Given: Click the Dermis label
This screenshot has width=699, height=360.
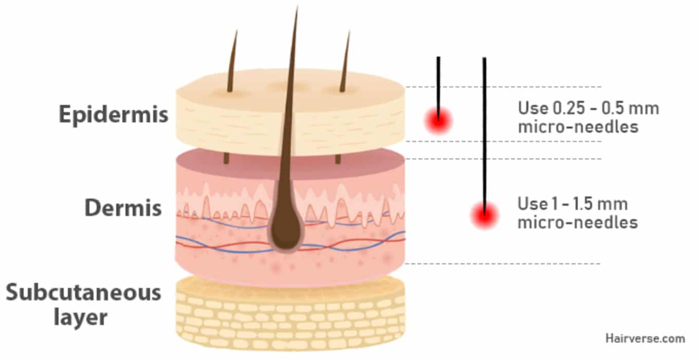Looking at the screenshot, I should (x=123, y=208).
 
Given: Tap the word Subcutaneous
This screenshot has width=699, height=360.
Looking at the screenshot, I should (x=84, y=293).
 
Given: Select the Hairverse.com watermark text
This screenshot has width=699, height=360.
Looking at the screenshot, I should (x=645, y=338).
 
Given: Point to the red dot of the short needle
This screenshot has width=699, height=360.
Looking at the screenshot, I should (x=438, y=120).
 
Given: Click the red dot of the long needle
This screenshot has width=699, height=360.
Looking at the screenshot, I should (x=484, y=214).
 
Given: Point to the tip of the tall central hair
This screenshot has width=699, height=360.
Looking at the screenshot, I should (x=297, y=9).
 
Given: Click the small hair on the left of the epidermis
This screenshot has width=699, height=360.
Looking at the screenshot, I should (x=232, y=62).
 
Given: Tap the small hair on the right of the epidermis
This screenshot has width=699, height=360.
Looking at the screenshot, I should (x=345, y=62).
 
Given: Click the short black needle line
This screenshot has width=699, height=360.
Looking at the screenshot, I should (x=438, y=82).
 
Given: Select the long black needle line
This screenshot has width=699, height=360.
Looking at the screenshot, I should (x=484, y=129).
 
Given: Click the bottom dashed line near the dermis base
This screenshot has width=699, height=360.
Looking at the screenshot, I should (x=504, y=264).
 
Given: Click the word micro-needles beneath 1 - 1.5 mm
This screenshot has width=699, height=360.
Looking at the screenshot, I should (x=578, y=223).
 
